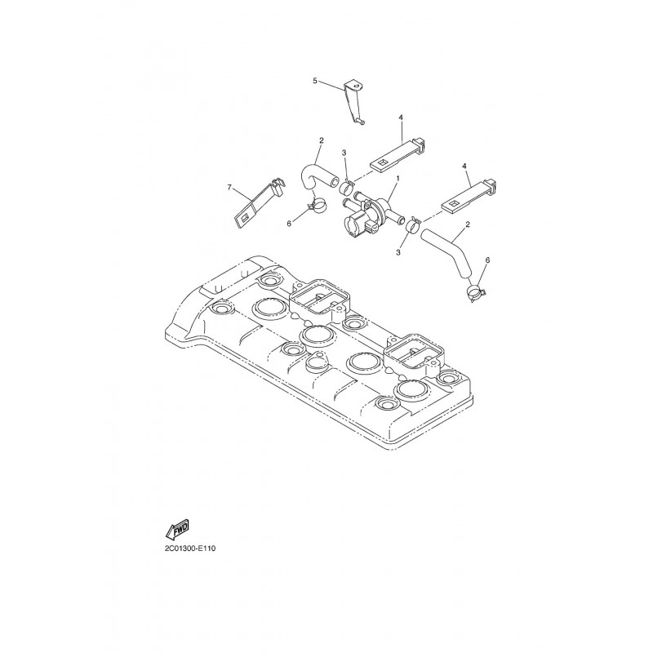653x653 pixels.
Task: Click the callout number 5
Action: coord(315,80)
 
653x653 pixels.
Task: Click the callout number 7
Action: coord(229,188)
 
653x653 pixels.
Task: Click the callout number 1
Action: coord(398,178)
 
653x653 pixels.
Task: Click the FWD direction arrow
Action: coord(177,528)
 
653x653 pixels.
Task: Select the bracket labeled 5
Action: coord(353,102)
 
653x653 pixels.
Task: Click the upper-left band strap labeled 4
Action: coord(399,153)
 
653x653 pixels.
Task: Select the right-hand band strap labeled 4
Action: coord(469,195)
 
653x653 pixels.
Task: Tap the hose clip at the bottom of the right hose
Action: coord(476,293)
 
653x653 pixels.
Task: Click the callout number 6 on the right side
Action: coord(487,260)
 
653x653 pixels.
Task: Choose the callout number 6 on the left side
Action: coord(289,223)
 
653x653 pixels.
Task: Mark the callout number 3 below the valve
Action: coord(398,252)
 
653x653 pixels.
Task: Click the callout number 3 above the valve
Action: coord(344,153)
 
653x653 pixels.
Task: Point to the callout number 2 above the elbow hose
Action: coord(321,140)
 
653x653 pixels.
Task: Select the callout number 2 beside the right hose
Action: coord(468,224)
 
